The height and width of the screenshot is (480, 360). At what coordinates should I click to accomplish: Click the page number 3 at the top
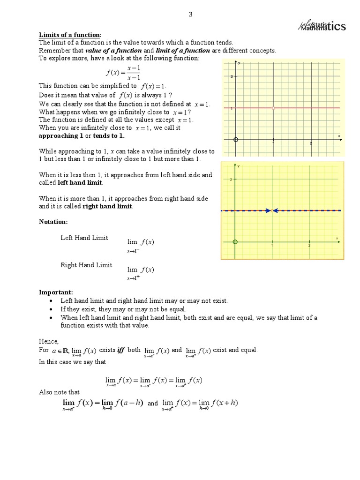(190, 15)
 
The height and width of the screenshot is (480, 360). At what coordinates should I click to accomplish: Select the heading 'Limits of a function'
(70, 35)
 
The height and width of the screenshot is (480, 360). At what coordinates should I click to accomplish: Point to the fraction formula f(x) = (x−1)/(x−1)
(123, 73)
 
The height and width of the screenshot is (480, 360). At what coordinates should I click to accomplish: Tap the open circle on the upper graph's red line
(273, 108)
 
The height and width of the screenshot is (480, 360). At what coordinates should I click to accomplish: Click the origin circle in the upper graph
(236, 140)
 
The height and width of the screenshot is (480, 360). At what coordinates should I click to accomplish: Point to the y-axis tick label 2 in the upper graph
(232, 76)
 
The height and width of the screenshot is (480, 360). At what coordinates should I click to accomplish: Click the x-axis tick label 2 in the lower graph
(309, 246)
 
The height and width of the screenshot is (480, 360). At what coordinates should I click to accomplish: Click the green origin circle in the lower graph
(235, 242)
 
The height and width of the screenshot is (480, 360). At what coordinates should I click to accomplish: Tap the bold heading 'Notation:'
(53, 221)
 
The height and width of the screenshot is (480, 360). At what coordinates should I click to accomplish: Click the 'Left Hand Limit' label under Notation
(84, 238)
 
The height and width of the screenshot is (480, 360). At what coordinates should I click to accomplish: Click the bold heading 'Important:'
(56, 292)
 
